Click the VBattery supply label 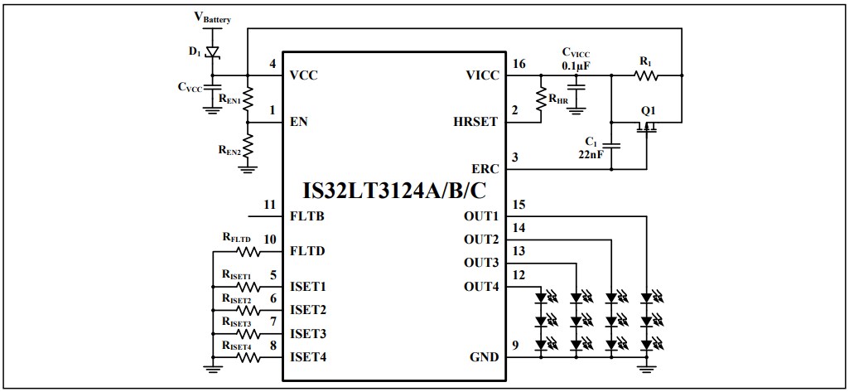[x=212, y=17]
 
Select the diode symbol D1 [x=212, y=51]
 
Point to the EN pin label [x=298, y=122]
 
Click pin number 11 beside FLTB [x=269, y=205]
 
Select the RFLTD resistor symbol [x=248, y=251]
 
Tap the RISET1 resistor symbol [x=248, y=287]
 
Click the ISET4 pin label [x=308, y=357]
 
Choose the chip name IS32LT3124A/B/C [x=394, y=191]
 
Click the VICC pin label [x=483, y=75]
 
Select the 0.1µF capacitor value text [x=576, y=65]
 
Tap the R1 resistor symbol [x=645, y=75]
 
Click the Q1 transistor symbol [x=647, y=125]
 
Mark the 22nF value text [x=591, y=153]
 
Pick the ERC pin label [x=485, y=168]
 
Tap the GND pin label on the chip [x=484, y=357]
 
